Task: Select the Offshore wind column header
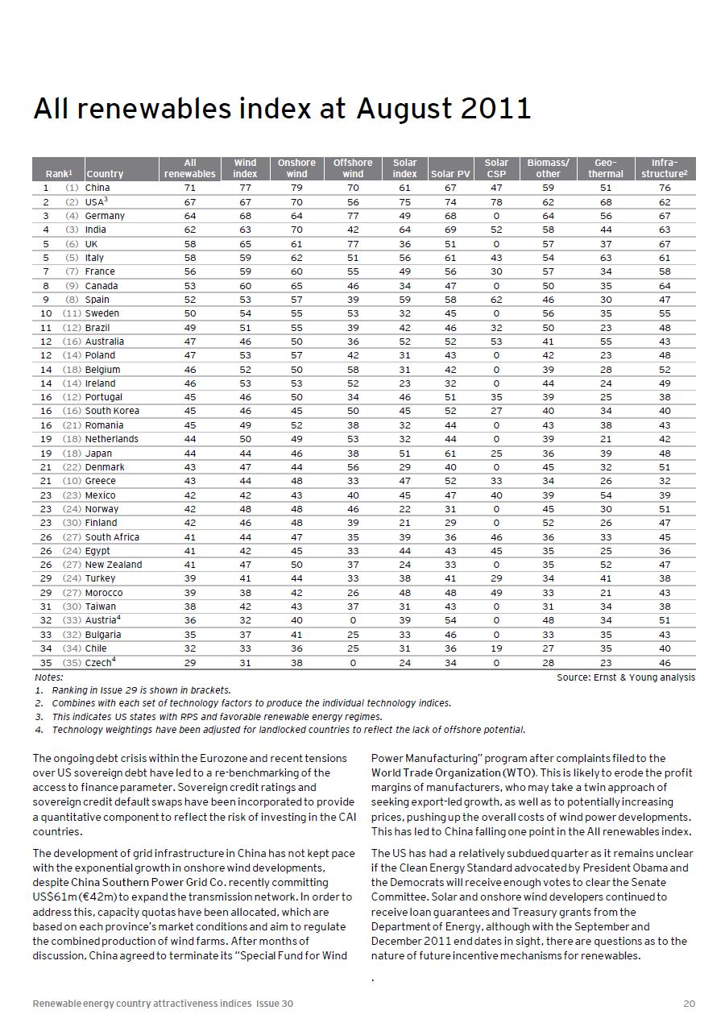click(353, 168)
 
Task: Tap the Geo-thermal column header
click(605, 168)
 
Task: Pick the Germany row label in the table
click(105, 216)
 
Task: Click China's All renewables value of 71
click(189, 188)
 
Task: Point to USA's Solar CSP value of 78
click(496, 201)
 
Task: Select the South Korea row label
click(112, 411)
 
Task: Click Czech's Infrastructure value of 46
click(665, 662)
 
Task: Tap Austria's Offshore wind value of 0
click(353, 620)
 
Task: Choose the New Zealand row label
click(114, 565)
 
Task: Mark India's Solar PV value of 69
click(450, 230)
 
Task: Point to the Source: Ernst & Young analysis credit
click(625, 677)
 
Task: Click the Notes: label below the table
click(49, 677)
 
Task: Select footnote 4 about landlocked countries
click(288, 730)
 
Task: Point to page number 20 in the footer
click(688, 1003)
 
